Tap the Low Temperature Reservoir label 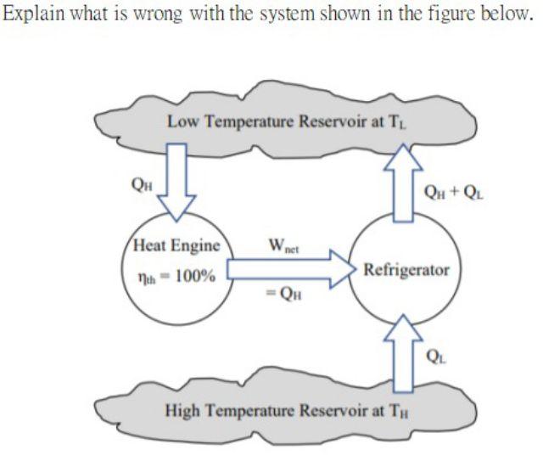click(289, 120)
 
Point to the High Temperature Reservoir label click(288, 413)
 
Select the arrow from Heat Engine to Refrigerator click(288, 271)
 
